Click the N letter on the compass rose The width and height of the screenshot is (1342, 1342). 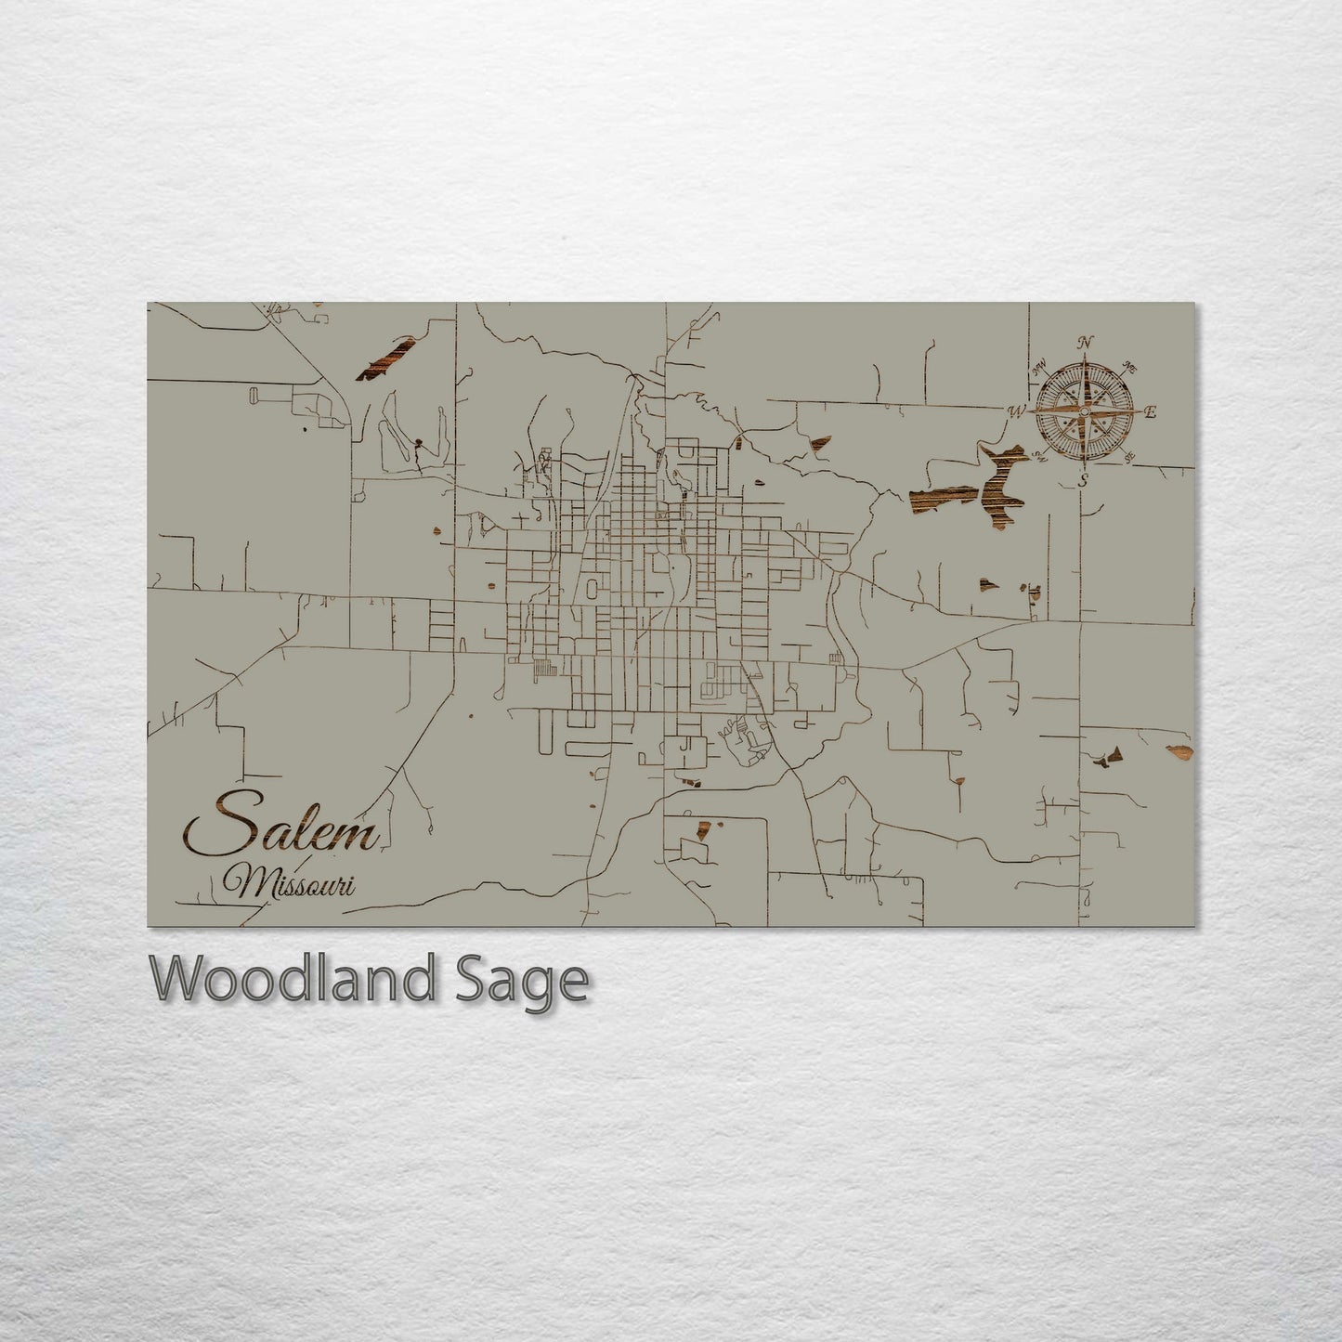click(1086, 342)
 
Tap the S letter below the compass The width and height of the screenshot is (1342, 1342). click(1084, 479)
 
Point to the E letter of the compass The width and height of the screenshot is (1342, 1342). click(1150, 413)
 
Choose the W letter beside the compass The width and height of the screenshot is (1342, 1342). click(1017, 410)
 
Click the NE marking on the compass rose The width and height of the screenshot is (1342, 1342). click(1130, 366)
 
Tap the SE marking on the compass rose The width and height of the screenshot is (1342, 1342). click(1129, 457)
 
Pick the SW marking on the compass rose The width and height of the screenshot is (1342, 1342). click(1041, 456)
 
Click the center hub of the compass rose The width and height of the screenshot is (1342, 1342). click(1084, 410)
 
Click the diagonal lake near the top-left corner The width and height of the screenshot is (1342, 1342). click(384, 358)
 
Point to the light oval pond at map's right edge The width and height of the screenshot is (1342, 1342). click(1179, 749)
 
